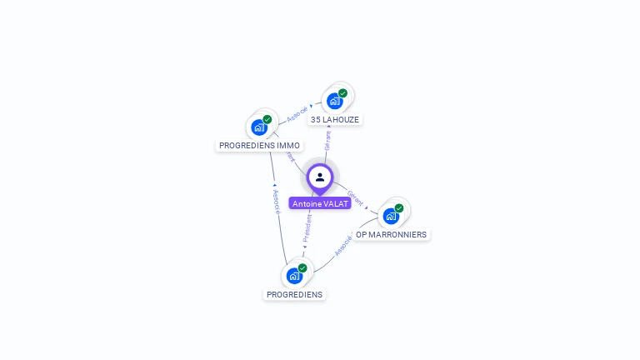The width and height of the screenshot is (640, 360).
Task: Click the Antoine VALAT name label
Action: [x=320, y=203]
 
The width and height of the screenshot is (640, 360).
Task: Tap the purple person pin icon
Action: [x=320, y=177]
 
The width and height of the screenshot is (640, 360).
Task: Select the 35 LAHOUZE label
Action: [x=334, y=120]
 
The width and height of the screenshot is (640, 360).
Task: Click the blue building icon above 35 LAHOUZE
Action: [x=335, y=102]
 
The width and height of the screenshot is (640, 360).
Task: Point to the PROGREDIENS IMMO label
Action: [x=259, y=146]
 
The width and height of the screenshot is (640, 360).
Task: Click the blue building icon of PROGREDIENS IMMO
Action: [x=259, y=127]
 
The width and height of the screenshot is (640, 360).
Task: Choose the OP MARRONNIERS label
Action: [x=391, y=235]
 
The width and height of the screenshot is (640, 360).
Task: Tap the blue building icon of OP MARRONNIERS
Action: [x=391, y=216]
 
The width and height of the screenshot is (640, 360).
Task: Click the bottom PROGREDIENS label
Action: [x=294, y=294]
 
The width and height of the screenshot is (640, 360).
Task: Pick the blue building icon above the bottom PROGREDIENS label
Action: [x=294, y=276]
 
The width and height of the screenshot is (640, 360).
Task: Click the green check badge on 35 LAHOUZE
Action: [x=342, y=93]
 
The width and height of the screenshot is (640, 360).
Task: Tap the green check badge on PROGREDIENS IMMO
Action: [x=267, y=119]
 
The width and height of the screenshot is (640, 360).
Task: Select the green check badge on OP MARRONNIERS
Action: [x=399, y=208]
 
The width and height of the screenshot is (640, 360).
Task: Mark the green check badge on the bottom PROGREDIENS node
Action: [x=302, y=268]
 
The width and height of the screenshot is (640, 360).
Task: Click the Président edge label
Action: [x=307, y=227]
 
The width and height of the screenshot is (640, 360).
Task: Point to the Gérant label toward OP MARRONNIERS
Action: [x=356, y=197]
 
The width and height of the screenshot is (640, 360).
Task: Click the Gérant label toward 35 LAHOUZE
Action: [x=327, y=141]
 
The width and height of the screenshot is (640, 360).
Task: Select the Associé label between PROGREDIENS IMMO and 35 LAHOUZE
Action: [x=297, y=114]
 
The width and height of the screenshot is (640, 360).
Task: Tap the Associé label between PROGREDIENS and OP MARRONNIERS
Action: [x=343, y=246]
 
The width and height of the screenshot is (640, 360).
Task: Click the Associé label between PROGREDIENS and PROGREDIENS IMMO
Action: [x=276, y=202]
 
